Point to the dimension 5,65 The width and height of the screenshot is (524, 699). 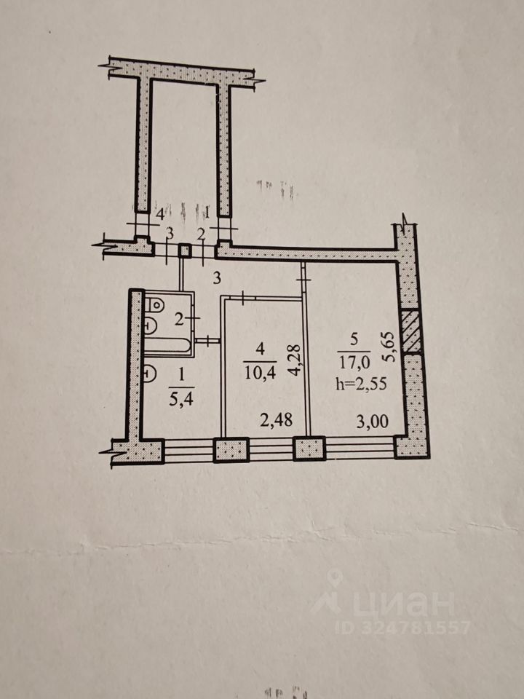(x=390, y=347)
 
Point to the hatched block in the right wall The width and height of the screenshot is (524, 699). (x=411, y=332)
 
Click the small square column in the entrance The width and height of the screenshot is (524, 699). (x=185, y=250)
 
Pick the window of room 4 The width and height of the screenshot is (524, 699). (x=271, y=449)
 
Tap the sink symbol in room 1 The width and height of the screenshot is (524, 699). (x=148, y=374)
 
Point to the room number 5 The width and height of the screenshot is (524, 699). (x=354, y=338)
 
